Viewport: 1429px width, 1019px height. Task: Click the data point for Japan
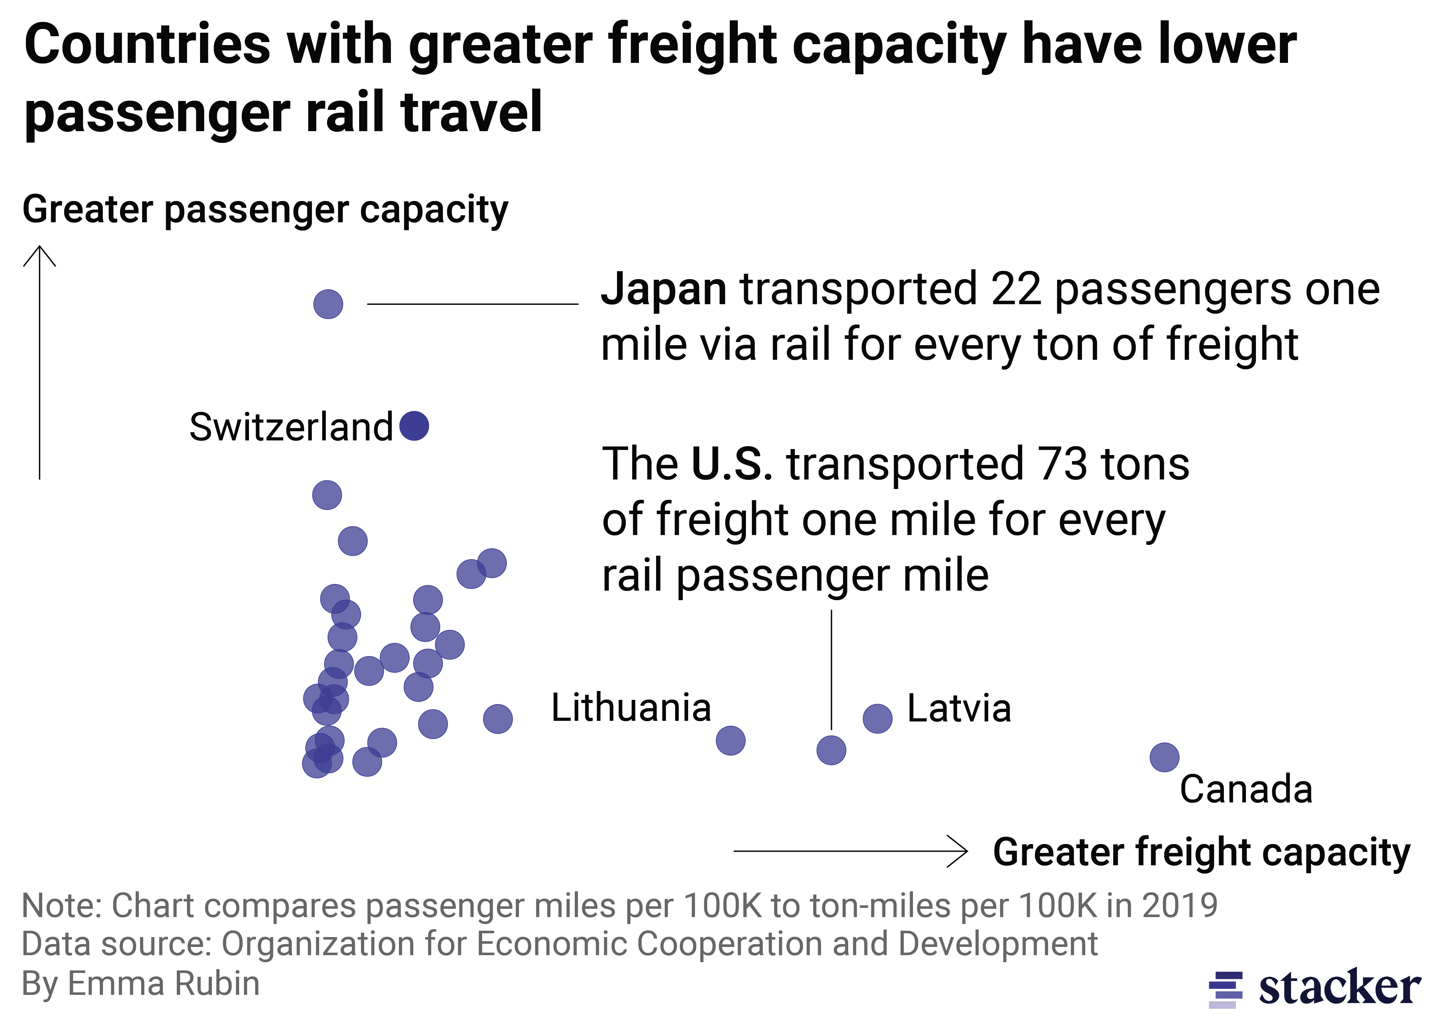328,304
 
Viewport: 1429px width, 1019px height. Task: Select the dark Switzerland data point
414,426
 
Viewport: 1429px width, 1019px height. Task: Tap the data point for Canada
1164,757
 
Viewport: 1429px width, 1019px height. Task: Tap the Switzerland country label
291,427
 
